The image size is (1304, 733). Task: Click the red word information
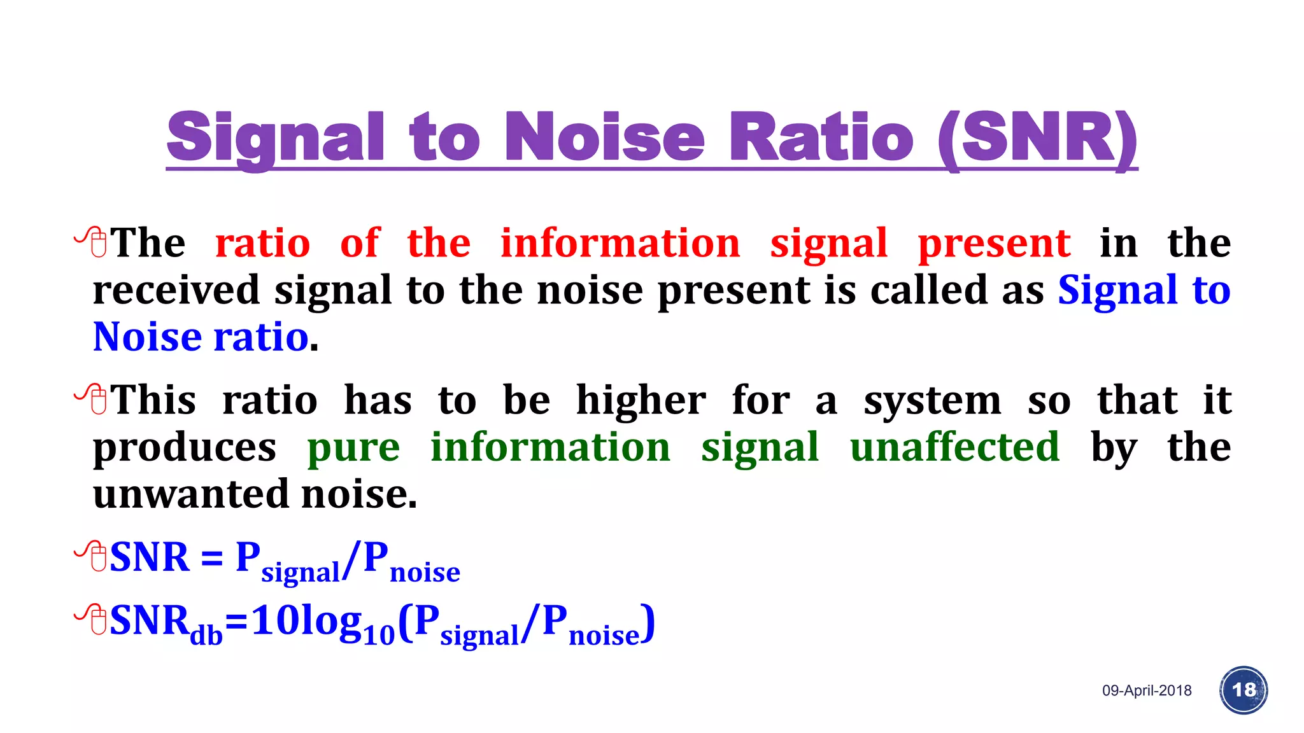tap(620, 243)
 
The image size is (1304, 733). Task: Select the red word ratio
tap(262, 243)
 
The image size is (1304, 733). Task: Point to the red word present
tap(993, 244)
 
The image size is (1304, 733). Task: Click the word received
tap(176, 290)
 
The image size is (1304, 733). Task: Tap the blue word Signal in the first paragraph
tap(1117, 291)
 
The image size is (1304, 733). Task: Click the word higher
tap(641, 401)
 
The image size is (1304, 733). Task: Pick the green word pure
tap(353, 449)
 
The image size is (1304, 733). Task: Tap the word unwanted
tap(190, 494)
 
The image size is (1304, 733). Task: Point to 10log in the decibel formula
tap(306, 620)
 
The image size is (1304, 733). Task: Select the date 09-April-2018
tap(1146, 691)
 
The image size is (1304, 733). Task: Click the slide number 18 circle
tap(1243, 690)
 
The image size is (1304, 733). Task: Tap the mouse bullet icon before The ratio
tap(93, 241)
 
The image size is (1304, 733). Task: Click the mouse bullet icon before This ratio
tap(93, 398)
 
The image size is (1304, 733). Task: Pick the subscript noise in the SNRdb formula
tap(604, 635)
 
